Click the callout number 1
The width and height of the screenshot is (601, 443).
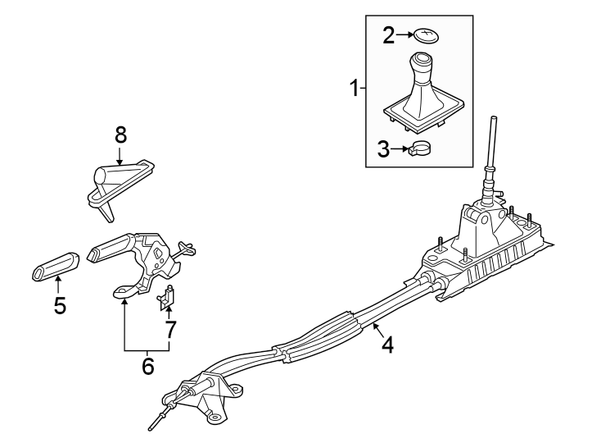pos(355,89)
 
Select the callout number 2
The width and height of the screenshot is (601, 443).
pos(389,34)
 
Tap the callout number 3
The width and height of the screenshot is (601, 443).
pos(384,148)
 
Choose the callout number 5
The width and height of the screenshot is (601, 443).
pos(60,306)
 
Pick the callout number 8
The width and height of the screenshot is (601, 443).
pos(120,134)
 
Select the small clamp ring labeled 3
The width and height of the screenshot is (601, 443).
pos(420,149)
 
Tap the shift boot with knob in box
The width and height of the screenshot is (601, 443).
pos(422,94)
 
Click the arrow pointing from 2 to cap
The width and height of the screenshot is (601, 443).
pos(404,34)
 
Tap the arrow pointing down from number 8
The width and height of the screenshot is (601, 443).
pos(120,156)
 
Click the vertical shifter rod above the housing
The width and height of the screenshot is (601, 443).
pos(493,144)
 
